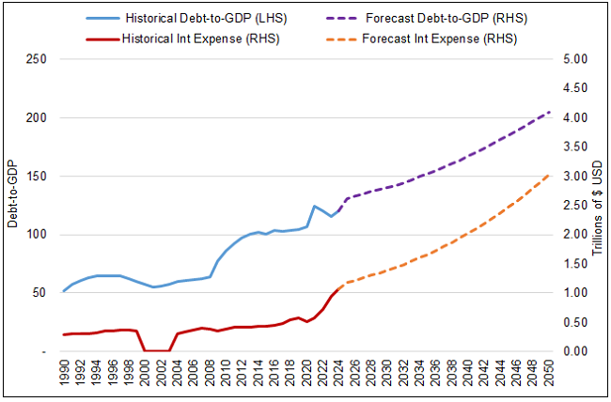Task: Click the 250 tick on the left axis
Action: [x=37, y=59]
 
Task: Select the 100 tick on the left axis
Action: [x=37, y=235]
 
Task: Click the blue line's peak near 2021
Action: [x=315, y=206]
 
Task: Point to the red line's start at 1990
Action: [x=63, y=334]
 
